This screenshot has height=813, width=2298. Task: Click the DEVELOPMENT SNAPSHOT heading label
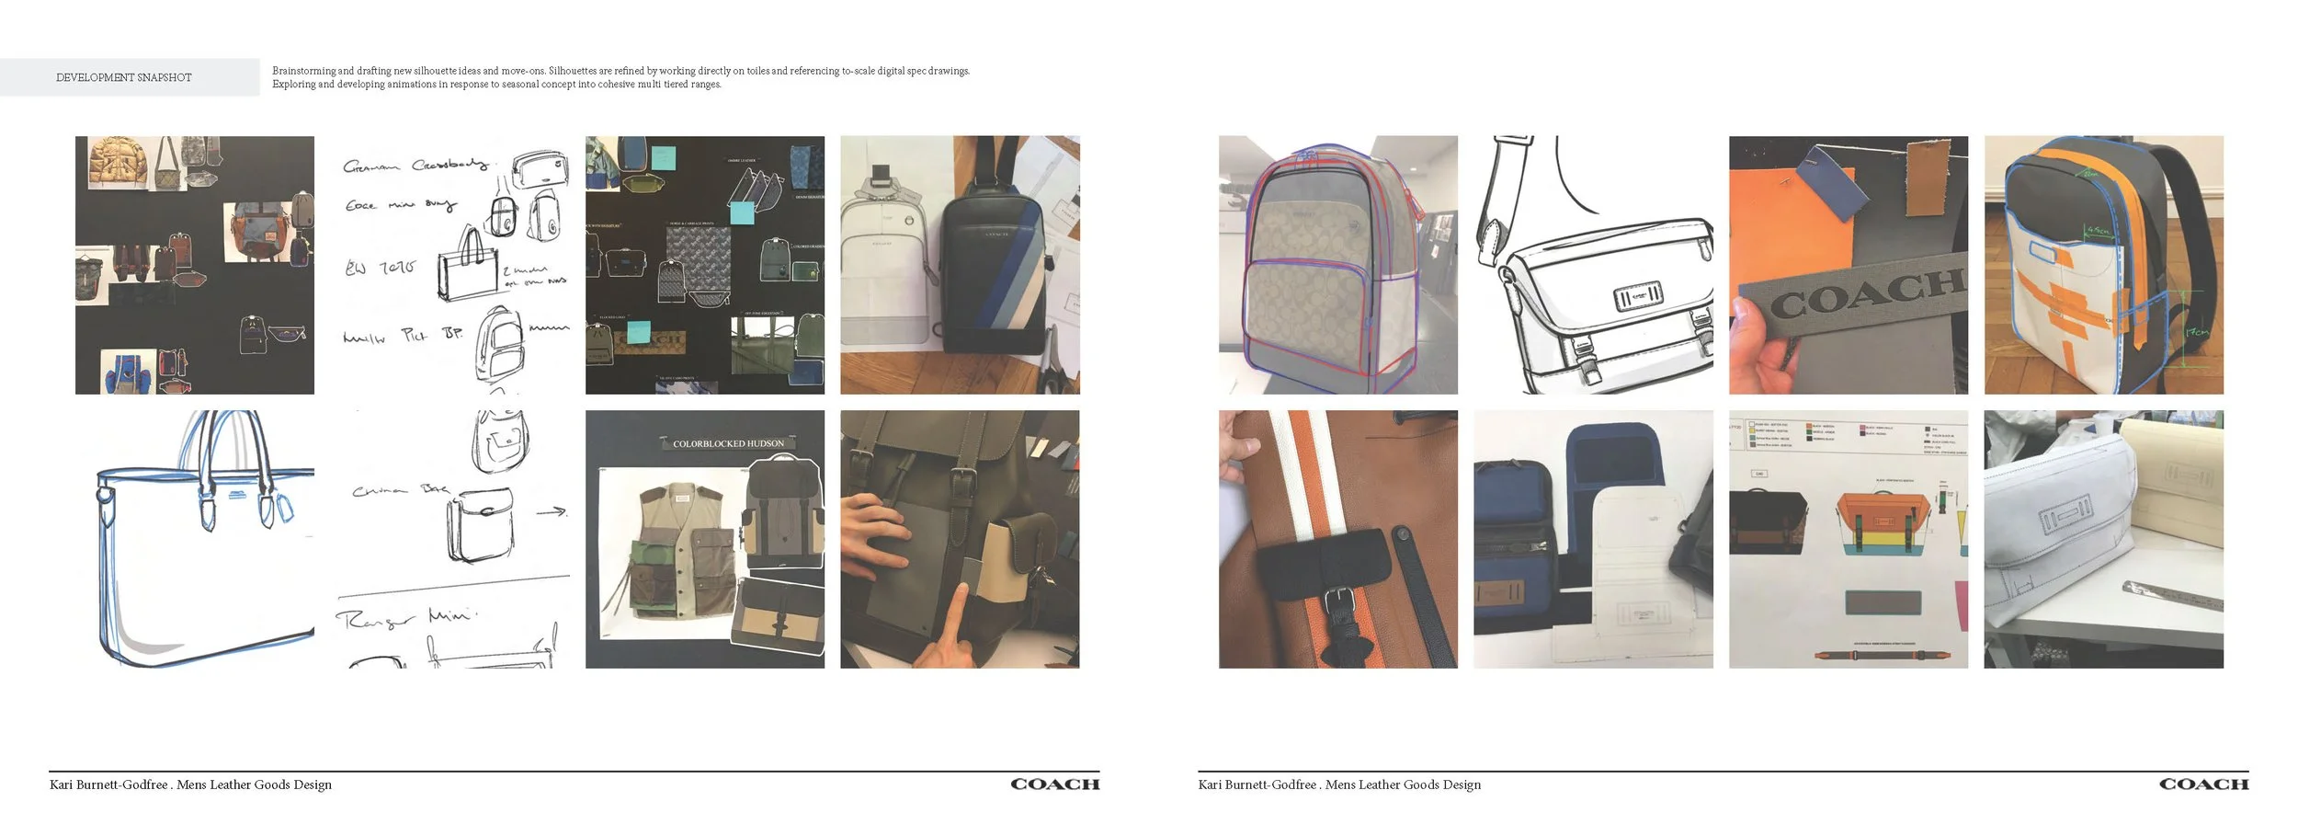point(124,77)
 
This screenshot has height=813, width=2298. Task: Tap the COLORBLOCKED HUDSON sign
point(728,443)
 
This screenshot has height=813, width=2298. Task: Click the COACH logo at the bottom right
point(2203,784)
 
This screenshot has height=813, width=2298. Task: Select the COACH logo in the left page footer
point(1054,784)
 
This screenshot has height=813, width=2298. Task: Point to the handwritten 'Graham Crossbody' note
point(414,166)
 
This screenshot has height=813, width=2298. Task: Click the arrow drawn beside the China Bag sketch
point(552,510)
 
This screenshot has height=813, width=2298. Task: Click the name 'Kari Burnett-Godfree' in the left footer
point(108,784)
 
